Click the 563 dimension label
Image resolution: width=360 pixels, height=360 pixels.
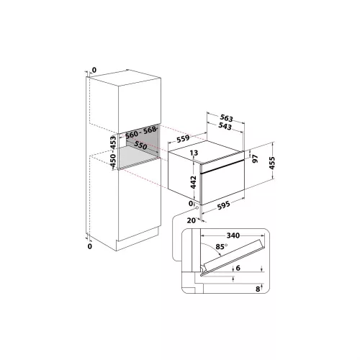tap(227, 118)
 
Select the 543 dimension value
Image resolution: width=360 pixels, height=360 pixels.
tap(225, 126)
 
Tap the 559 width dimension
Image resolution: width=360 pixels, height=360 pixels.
tap(183, 138)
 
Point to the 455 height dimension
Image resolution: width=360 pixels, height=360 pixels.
tap(272, 163)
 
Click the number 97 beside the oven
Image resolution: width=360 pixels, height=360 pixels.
tap(256, 158)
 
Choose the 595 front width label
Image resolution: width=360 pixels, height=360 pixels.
tap(223, 205)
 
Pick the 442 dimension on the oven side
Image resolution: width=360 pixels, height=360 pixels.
tap(194, 182)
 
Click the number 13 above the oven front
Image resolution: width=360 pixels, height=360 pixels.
tap(194, 153)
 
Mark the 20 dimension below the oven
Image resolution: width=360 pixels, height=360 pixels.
tap(192, 220)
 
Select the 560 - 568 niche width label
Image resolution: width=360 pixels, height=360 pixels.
tap(140, 132)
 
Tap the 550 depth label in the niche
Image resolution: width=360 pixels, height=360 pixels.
tap(140, 145)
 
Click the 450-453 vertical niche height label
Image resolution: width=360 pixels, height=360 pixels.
tap(113, 151)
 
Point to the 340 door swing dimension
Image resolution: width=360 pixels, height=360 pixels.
tap(233, 235)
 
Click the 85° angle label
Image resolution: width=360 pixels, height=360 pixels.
tap(221, 247)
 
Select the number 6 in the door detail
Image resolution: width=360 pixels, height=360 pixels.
tap(238, 268)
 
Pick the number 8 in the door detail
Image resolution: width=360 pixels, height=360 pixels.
tap(258, 289)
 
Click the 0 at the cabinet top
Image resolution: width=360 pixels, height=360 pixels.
tap(94, 70)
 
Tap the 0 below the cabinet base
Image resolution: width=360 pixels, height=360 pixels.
tap(90, 246)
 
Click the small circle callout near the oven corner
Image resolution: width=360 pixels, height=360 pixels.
tap(197, 207)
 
